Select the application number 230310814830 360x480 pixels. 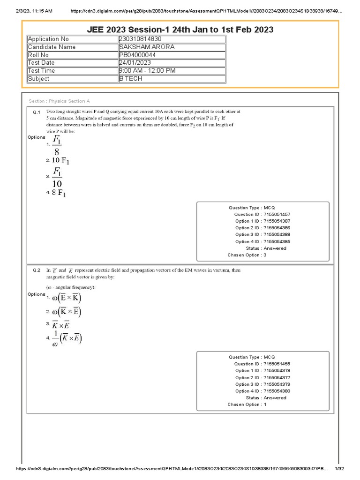click(140, 39)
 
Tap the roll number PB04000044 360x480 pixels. click(137, 55)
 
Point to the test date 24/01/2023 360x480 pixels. click(135, 63)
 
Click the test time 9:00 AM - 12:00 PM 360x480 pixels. click(147, 71)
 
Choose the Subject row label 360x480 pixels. click(38, 79)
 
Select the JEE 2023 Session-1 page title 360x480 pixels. click(180, 30)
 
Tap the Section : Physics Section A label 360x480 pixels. click(59, 101)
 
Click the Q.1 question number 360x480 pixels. click(37, 112)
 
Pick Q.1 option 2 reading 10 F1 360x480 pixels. click(60, 161)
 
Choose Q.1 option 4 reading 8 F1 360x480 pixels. click(59, 193)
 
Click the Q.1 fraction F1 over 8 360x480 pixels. click(57, 145)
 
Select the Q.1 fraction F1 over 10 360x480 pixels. click(57, 177)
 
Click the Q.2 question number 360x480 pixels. click(37, 270)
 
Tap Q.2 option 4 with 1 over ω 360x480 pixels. click(67, 338)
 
